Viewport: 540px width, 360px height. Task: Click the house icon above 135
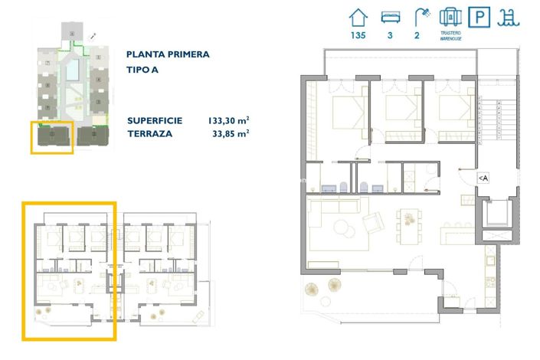click(357, 16)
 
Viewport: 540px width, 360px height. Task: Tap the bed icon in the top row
click(391, 16)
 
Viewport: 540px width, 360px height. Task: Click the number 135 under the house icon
click(357, 34)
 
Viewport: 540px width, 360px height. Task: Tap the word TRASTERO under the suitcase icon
click(450, 34)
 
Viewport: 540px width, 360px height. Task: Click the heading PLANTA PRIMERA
click(168, 54)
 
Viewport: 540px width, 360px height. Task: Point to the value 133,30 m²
click(228, 120)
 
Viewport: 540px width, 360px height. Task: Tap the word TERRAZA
click(150, 133)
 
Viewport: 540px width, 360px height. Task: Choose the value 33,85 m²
click(231, 133)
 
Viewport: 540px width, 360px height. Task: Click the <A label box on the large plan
click(483, 178)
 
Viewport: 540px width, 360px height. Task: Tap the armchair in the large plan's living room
click(374, 224)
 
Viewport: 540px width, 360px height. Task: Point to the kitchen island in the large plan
click(455, 230)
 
